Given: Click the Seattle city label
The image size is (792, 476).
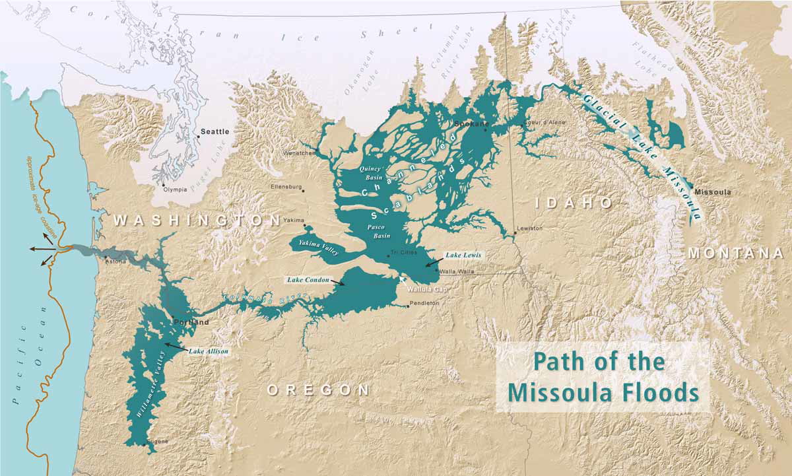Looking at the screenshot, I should click(x=214, y=132).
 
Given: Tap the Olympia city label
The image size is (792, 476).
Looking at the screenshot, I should click(x=175, y=189).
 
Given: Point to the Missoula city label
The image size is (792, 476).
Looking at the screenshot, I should click(x=713, y=192).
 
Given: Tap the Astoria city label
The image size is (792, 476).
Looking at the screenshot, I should click(x=116, y=261).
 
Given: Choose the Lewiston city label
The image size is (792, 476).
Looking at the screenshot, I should click(x=529, y=228).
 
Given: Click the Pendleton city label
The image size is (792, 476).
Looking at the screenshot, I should click(x=424, y=303).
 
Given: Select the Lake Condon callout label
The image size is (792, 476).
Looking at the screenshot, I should click(x=308, y=279).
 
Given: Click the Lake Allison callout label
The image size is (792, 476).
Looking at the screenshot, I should click(x=209, y=351).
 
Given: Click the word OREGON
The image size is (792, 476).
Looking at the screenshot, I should click(x=318, y=390).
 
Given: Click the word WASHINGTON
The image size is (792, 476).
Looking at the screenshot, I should click(x=197, y=220).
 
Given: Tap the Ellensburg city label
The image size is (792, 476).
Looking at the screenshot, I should click(x=285, y=187).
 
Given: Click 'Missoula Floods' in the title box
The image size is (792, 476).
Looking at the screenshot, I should click(x=604, y=391).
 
